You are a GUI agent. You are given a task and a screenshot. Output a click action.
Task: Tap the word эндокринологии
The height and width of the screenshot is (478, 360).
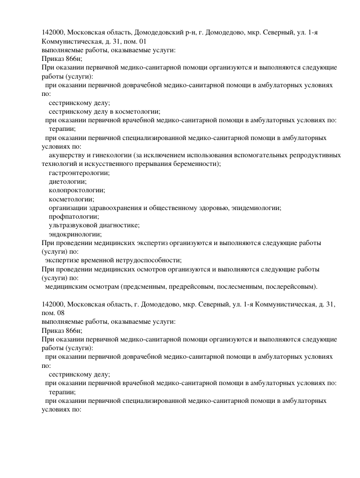coord(75,234)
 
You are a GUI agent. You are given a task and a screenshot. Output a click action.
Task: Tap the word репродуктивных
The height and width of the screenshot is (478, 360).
coord(314,155)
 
